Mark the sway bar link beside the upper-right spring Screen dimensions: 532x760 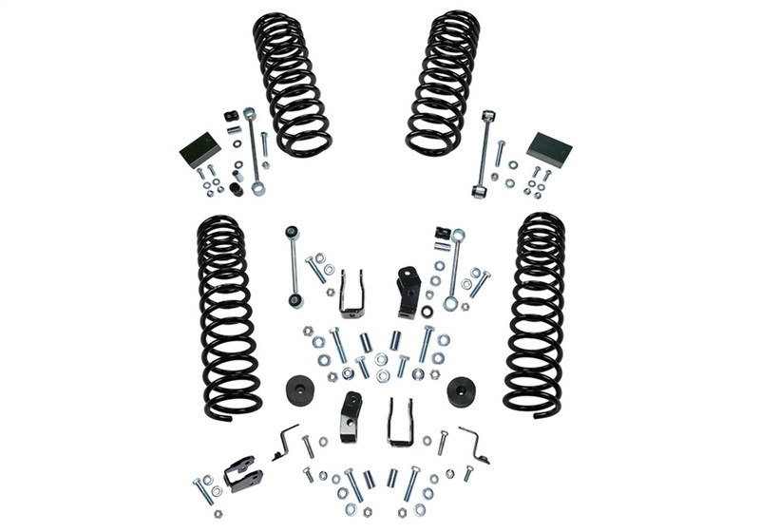click(486, 152)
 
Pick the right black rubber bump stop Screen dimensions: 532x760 click(462, 390)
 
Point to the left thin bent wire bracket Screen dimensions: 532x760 click(286, 441)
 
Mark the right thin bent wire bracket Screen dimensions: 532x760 click(474, 444)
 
